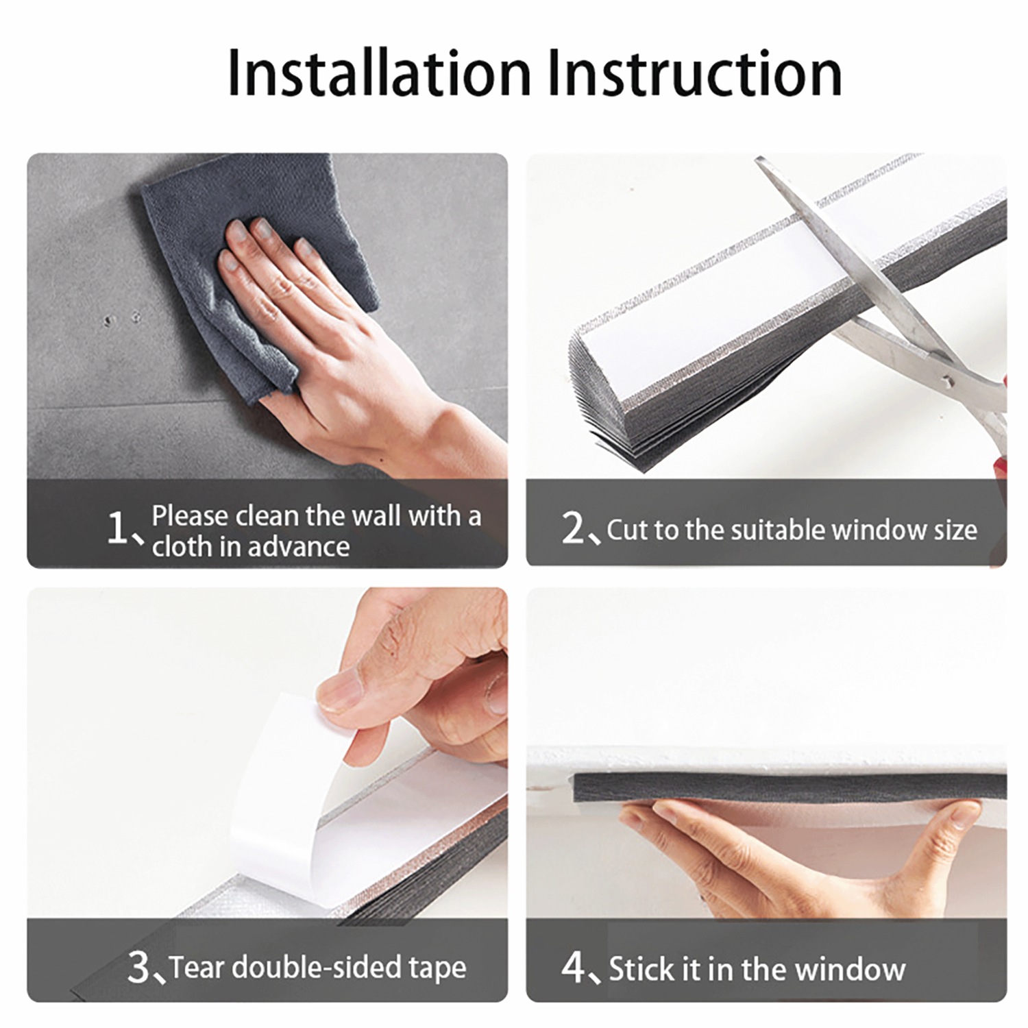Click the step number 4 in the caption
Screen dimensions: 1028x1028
572,967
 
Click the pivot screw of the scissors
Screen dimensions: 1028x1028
946,378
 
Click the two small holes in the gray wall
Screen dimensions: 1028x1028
121,319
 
